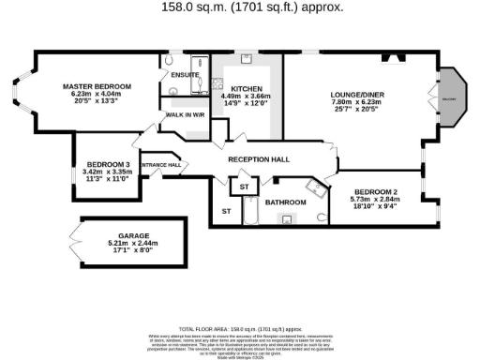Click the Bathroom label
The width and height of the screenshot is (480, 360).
coord(285,202)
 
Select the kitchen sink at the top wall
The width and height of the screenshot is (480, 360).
coord(246,59)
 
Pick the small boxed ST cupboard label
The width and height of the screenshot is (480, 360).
coord(245,187)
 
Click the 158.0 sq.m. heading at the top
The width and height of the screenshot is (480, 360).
coord(240,7)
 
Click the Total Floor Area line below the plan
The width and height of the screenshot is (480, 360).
coord(240,330)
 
